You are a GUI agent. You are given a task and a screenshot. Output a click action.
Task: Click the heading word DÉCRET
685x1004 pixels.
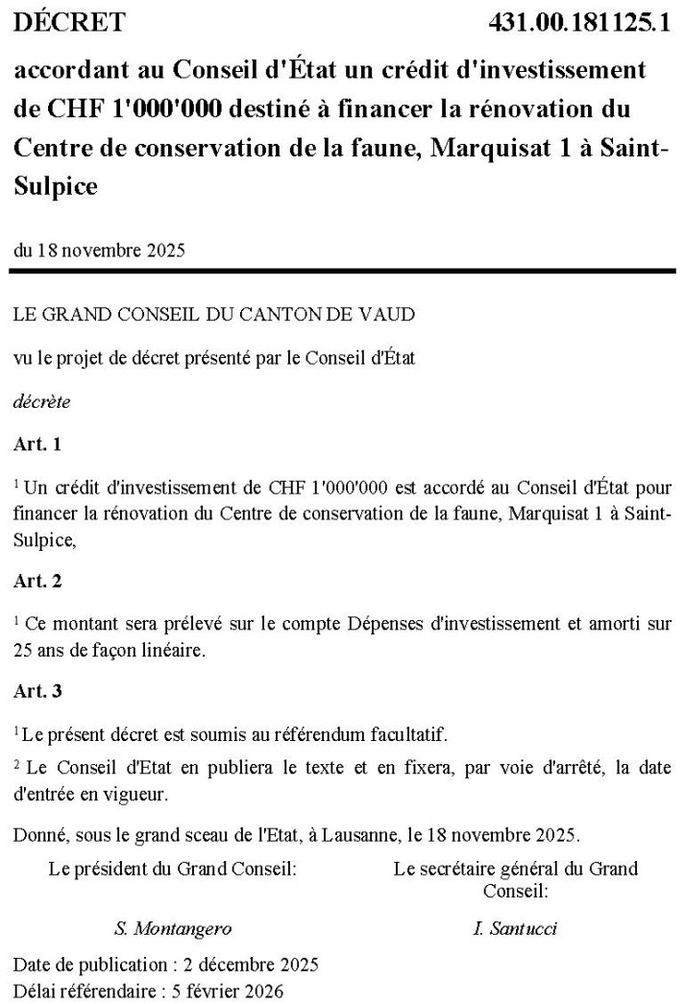pyautogui.click(x=69, y=22)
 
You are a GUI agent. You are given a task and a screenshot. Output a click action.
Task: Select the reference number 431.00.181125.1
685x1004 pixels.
pyautogui.click(x=577, y=22)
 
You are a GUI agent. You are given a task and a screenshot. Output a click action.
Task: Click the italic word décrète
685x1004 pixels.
pyautogui.click(x=41, y=402)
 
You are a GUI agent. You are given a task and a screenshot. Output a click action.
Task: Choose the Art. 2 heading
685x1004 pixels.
pyautogui.click(x=37, y=581)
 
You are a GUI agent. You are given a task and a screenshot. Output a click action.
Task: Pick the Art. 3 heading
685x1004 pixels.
pyautogui.click(x=37, y=691)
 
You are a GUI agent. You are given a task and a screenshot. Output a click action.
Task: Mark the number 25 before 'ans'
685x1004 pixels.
pyautogui.click(x=23, y=650)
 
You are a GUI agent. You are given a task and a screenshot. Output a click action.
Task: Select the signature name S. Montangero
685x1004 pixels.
pyautogui.click(x=173, y=928)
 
